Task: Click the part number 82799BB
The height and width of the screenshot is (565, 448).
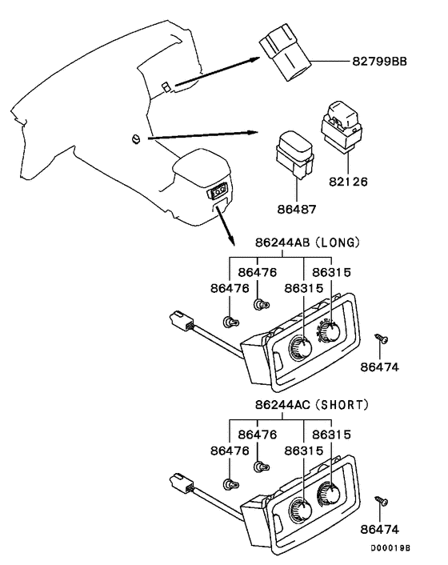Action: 379,62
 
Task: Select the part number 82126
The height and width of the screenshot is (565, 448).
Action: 348,182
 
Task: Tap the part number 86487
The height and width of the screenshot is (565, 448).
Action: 296,210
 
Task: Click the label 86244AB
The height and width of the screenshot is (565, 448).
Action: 282,242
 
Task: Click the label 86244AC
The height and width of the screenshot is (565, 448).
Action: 282,405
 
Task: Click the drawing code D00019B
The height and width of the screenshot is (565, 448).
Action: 390,548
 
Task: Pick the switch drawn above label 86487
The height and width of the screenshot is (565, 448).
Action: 295,154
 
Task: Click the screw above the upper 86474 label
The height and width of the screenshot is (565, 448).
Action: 382,339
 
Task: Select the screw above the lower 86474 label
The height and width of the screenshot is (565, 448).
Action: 382,501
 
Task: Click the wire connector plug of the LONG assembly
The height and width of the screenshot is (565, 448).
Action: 182,321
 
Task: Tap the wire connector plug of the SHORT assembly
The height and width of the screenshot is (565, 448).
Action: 182,483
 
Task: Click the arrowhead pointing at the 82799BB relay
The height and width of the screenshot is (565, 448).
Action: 254,59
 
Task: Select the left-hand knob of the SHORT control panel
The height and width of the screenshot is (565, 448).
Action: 301,511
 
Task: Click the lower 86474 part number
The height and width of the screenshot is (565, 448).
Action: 379,529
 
